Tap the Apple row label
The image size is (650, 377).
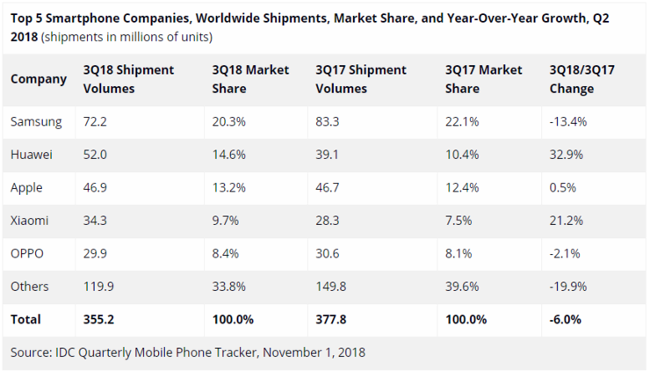click(27, 187)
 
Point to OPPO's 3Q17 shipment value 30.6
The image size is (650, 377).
click(329, 253)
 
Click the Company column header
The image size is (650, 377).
click(38, 79)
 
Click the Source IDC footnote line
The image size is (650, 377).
click(188, 352)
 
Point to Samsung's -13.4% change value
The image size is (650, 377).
click(567, 120)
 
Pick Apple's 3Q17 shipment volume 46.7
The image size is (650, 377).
click(329, 187)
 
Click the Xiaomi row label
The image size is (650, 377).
click(30, 220)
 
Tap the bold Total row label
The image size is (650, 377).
click(25, 319)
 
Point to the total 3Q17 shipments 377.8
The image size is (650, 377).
click(333, 319)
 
